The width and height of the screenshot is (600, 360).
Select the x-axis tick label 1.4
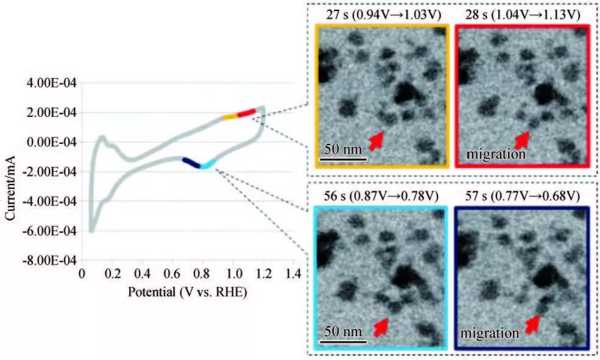tap(293, 274)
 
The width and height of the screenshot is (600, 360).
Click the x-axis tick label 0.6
tap(172, 274)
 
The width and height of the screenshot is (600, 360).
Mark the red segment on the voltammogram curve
tap(246, 113)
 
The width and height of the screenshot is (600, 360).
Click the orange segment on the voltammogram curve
tap(229, 117)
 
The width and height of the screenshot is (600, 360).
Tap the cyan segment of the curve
tap(208, 164)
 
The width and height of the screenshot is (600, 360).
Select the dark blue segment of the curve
tap(191, 162)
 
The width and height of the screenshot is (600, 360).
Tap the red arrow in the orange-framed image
tap(377, 140)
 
